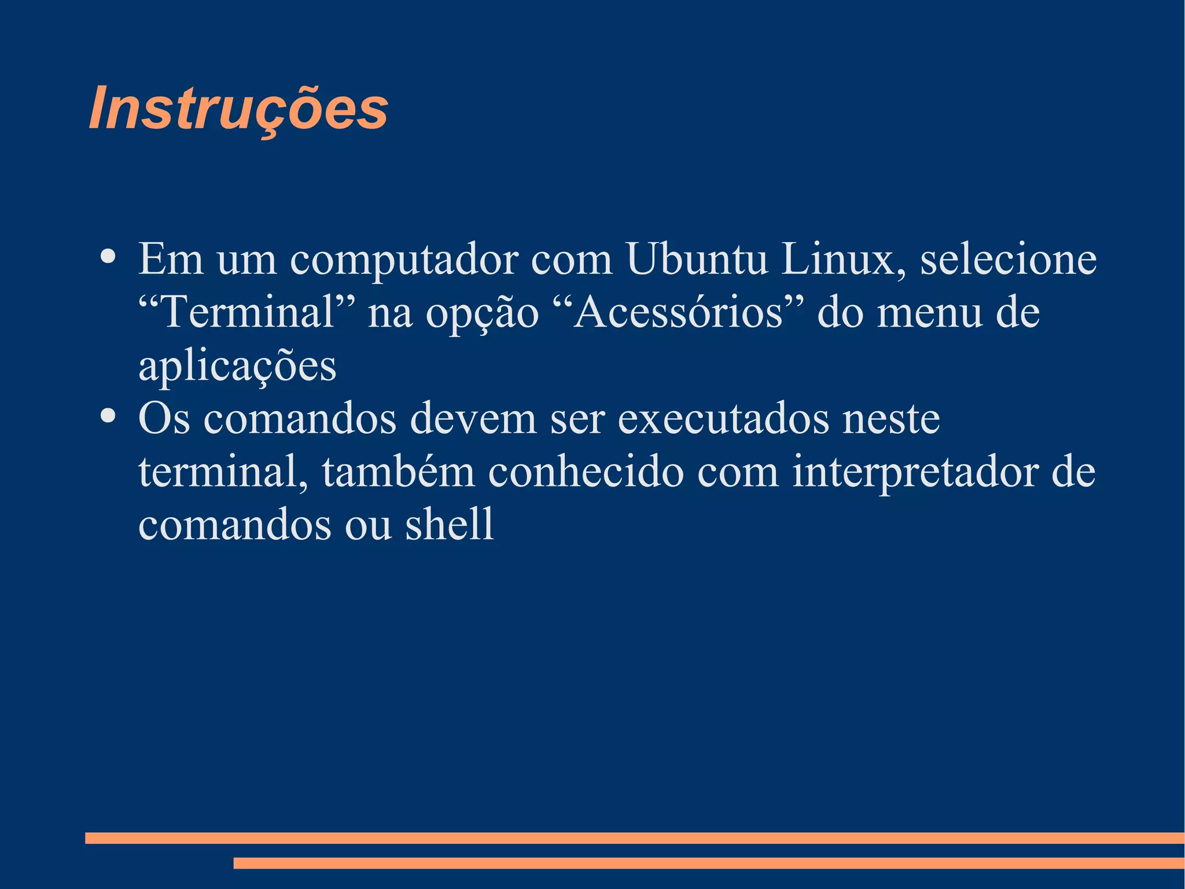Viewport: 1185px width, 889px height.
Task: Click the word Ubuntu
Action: click(697, 259)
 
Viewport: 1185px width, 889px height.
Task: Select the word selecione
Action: click(1008, 259)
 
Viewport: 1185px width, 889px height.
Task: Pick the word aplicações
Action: click(237, 366)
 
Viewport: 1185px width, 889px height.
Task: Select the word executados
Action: click(724, 418)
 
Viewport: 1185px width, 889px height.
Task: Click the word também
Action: click(399, 471)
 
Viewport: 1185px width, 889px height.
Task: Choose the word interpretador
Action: click(915, 473)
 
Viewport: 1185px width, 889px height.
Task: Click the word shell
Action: click(449, 524)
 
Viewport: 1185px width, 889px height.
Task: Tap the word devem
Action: click(473, 418)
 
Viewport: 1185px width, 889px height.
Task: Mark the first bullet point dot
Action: click(107, 256)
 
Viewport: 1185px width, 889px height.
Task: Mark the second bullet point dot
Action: click(107, 415)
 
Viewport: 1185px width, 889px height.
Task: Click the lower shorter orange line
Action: click(708, 863)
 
